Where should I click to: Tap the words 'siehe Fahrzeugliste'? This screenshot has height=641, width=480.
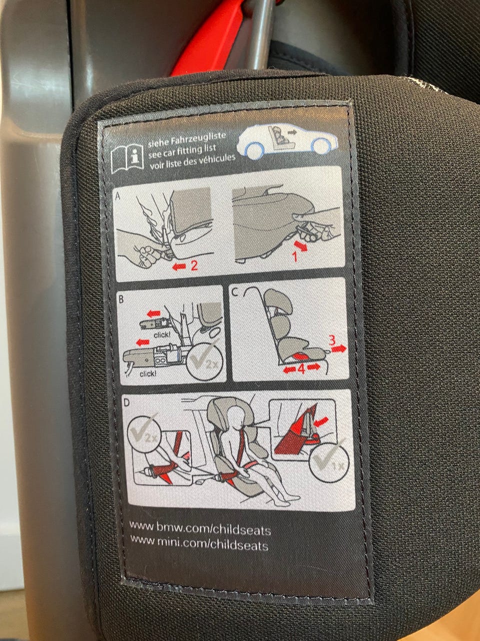[187, 139]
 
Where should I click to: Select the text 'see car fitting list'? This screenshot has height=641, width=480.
[182, 151]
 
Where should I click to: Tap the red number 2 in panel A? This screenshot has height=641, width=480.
[194, 265]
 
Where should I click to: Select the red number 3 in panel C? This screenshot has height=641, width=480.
[332, 340]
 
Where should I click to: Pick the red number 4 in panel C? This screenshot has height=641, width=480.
[301, 370]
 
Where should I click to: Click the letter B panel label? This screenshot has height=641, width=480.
[121, 299]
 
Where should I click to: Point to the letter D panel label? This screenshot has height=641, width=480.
[126, 403]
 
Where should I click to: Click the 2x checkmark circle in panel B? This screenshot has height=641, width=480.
[204, 362]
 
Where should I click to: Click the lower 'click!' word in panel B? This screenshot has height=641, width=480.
[148, 374]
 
